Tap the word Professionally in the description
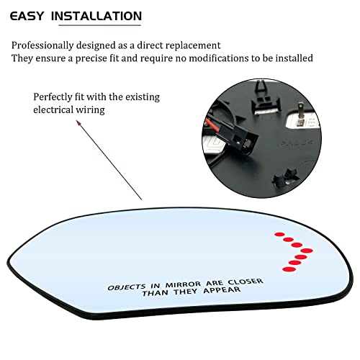click(42, 45)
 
